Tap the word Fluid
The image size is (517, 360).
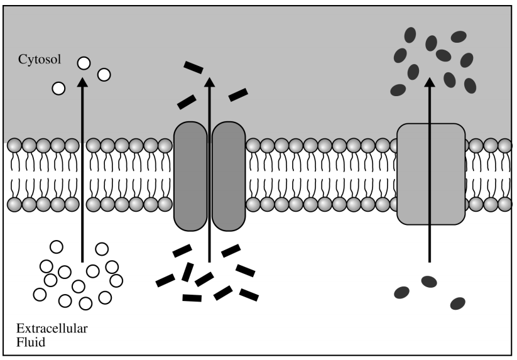(29, 342)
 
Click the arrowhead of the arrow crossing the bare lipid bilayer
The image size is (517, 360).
(82, 81)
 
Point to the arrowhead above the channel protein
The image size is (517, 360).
(210, 81)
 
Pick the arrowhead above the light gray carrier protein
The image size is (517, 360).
(430, 82)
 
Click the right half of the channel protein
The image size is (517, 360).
(228, 177)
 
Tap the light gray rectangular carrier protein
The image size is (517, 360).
(431, 174)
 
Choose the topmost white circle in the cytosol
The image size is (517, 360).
(84, 62)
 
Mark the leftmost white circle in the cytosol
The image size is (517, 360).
(59, 88)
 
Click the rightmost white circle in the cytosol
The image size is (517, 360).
(104, 75)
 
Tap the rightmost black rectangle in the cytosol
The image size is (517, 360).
(238, 95)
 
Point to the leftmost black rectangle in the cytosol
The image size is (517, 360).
(187, 101)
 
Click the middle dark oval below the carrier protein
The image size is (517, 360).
(429, 281)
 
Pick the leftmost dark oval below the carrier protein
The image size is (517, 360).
(401, 292)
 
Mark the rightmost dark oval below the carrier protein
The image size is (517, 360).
(458, 303)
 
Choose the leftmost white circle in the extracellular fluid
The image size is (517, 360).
(40, 293)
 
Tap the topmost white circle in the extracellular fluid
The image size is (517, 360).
(57, 246)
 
